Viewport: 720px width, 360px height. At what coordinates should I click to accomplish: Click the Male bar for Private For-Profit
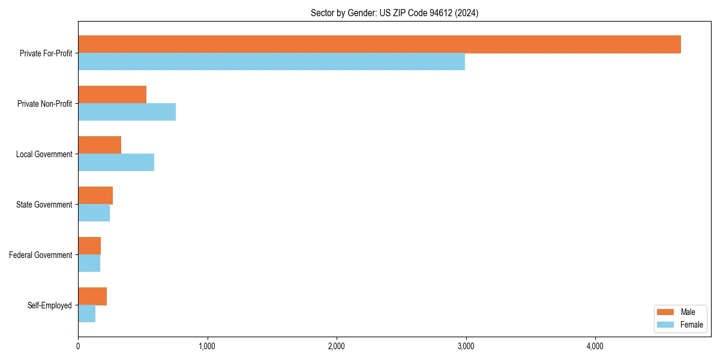[379, 44]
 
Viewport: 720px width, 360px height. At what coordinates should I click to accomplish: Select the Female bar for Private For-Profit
[271, 62]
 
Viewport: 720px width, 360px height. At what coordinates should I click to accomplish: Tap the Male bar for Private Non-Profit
[112, 95]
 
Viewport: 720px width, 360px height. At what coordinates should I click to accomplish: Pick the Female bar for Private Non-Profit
[127, 112]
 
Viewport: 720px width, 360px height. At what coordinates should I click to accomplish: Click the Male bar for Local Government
[100, 145]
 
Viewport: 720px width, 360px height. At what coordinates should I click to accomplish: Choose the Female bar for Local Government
[116, 163]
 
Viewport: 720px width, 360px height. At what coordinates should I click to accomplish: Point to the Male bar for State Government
[95, 196]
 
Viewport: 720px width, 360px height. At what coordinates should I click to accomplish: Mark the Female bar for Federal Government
[89, 263]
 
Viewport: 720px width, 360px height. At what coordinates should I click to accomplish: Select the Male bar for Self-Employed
[92, 296]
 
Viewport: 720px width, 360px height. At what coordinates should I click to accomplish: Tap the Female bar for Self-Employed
[86, 314]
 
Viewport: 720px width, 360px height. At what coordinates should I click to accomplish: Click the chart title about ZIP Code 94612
[394, 13]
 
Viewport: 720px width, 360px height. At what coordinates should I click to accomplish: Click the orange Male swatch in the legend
[666, 312]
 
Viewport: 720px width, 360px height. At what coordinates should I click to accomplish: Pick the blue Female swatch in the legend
[666, 325]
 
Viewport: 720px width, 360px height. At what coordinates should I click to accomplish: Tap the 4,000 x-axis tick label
[595, 346]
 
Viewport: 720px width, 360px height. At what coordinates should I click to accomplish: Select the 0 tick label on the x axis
[78, 346]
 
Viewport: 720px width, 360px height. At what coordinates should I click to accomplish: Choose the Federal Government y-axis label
[41, 255]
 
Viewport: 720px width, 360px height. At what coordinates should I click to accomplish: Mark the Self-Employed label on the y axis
[50, 305]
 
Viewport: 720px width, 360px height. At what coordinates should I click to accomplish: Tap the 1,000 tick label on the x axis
[207, 346]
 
